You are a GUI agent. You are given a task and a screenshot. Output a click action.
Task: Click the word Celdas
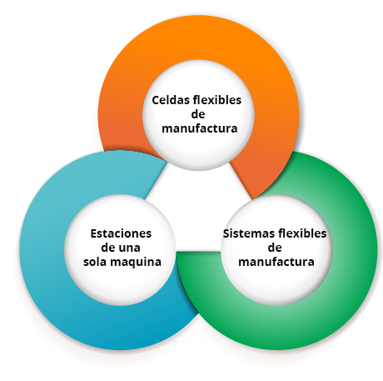pos(170,100)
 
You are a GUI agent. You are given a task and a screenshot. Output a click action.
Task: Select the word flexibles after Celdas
pos(216,100)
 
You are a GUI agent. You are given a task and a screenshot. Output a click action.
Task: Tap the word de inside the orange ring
pos(198,114)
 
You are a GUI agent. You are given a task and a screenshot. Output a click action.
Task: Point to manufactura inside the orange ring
pos(200,128)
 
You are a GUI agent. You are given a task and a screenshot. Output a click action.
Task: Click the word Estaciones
pos(121,233)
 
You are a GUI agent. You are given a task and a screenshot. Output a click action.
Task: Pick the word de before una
pos(108,248)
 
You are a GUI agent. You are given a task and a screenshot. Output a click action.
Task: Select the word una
pos(129,248)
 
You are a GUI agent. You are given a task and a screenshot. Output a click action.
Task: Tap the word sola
pos(95,262)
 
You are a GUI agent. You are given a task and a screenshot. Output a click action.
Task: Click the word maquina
pos(136,263)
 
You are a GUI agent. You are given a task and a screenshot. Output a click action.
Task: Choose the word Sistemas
pos(243,233)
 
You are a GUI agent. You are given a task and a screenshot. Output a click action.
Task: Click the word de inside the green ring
pos(275,248)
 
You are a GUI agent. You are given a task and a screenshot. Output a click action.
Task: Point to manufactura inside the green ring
pos(276,262)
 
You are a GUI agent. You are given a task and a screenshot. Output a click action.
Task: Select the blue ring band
pos(42,250)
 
